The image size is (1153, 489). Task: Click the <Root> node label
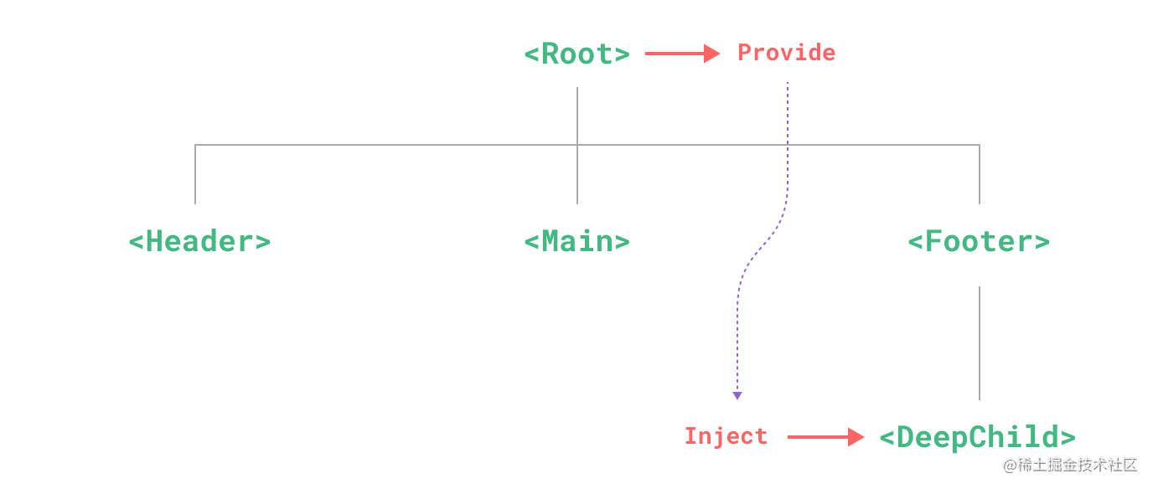576,54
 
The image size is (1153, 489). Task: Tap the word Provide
786,53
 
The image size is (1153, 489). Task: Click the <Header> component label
199,242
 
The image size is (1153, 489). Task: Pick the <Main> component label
576,242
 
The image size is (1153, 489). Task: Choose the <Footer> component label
978,242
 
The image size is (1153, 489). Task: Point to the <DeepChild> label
977,437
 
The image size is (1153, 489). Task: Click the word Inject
726,436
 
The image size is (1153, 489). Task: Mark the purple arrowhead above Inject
737,395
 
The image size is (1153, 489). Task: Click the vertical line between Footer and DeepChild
979,343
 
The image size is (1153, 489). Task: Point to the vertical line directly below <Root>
577,116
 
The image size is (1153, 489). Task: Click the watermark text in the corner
1068,464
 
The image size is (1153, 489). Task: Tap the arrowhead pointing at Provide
713,54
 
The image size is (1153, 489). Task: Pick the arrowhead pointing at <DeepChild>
856,437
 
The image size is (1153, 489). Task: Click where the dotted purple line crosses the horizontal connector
788,145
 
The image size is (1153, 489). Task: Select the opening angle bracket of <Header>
136,242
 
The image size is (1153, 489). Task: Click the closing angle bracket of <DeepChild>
1068,437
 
